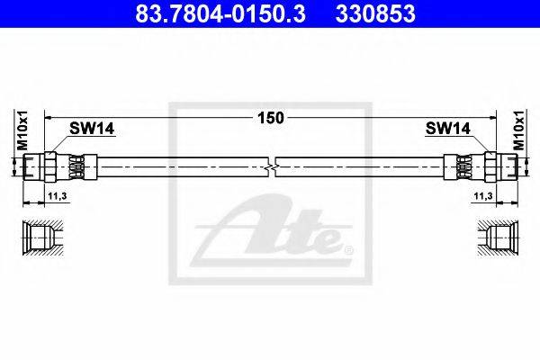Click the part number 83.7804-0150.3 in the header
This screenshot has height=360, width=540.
pos(220,13)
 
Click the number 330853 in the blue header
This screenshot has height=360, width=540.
pos(375,13)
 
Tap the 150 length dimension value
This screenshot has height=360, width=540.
pos(271,118)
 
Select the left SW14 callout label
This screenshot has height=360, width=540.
pos(92,129)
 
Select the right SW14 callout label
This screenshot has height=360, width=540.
pos(448,129)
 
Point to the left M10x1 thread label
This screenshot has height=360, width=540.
pos(22,130)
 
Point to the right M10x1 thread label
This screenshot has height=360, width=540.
pos(519,130)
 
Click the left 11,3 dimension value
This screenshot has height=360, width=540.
pos(58,196)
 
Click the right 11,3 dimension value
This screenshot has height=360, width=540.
pos(483,196)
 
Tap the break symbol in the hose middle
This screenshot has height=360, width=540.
pos(272,167)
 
